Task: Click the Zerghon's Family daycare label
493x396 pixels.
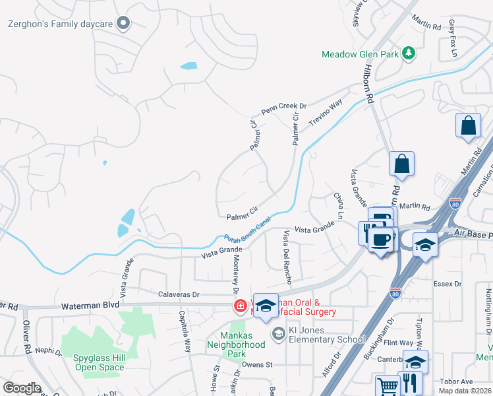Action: (60, 24)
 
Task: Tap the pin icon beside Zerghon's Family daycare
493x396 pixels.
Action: (123, 24)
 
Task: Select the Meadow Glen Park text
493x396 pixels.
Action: (360, 54)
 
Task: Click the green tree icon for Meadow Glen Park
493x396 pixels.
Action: (409, 53)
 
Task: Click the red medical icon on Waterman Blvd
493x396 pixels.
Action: (241, 306)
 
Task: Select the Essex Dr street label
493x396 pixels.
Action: (448, 284)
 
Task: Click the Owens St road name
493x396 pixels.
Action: (257, 364)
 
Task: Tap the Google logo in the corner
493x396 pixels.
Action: (22, 388)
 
